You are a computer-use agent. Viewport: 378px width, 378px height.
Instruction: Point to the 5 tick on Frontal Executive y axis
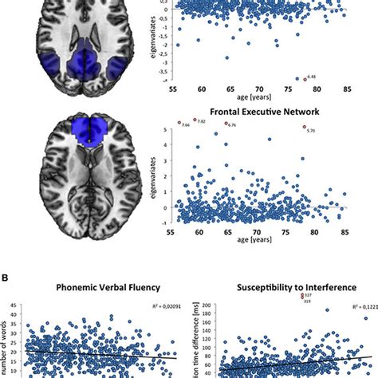point(165,127)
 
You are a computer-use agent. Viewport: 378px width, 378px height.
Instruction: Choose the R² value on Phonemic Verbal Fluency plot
point(163,305)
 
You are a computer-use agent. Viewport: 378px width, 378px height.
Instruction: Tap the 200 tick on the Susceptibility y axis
point(210,305)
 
